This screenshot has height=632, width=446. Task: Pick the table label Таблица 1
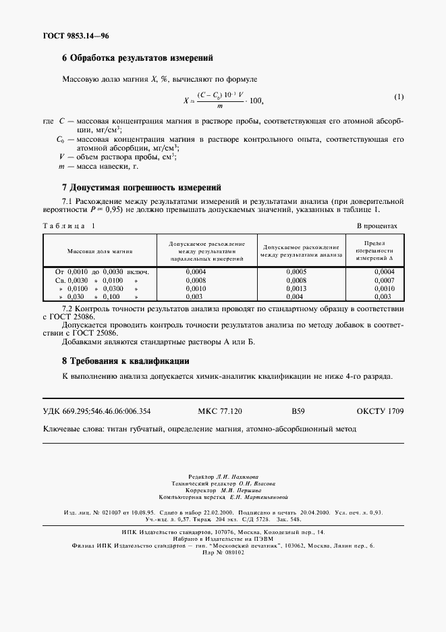point(69,227)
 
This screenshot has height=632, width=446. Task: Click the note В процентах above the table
point(377,227)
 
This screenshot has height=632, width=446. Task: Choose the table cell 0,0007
point(383,280)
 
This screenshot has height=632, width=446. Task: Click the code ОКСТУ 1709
point(380,411)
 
